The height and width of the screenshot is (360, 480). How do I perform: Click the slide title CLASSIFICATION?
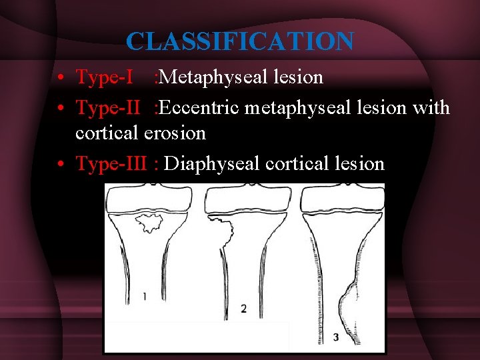[240, 42]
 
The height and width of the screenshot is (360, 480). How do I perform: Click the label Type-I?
[103, 78]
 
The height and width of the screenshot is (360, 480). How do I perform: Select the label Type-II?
[107, 107]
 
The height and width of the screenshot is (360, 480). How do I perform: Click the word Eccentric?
[197, 107]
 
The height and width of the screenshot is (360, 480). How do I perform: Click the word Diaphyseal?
[211, 163]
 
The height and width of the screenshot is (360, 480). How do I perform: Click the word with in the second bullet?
[432, 107]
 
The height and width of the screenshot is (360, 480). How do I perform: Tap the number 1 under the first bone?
[145, 297]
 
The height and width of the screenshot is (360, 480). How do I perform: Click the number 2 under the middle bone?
[243, 308]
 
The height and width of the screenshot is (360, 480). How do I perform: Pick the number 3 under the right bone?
[335, 337]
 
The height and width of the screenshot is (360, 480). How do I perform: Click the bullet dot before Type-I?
[61, 79]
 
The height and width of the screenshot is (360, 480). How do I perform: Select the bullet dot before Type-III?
[61, 164]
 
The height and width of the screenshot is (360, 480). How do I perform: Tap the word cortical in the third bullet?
[294, 163]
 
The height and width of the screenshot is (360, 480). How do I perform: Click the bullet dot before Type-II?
[61, 107]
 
